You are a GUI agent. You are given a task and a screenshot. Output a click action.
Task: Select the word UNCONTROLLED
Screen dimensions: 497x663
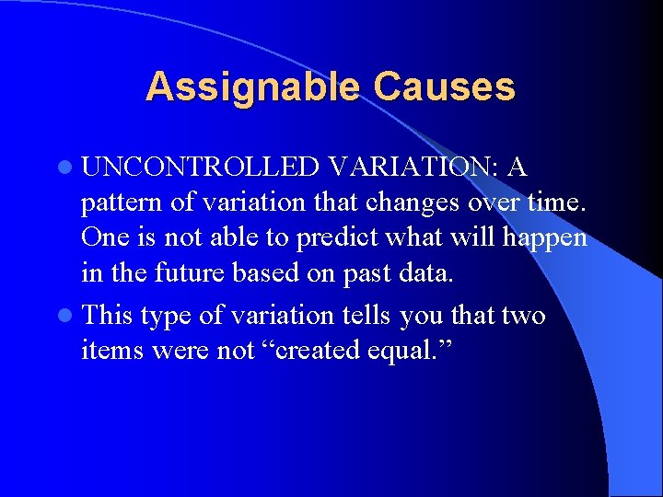click(x=200, y=167)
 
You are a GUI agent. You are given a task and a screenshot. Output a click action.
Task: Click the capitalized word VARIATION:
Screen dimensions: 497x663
click(x=413, y=167)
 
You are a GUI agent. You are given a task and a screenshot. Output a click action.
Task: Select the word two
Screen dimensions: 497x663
click(x=523, y=316)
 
